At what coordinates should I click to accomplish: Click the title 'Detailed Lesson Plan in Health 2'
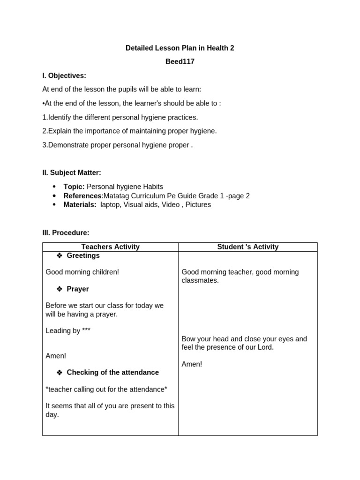(180, 48)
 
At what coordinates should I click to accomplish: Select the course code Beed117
(180, 61)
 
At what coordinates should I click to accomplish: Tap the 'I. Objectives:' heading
(64, 75)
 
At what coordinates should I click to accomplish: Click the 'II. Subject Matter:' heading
(72, 172)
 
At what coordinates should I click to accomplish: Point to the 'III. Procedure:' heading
(66, 232)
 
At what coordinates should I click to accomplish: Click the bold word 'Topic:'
(74, 187)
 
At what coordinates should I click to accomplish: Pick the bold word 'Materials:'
(80, 205)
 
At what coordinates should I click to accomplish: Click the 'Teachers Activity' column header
(110, 247)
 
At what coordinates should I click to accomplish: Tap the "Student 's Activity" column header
(247, 247)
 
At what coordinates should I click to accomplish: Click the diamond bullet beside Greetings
(60, 255)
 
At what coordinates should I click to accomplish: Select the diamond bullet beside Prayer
(60, 289)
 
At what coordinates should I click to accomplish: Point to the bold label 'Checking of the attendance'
(112, 372)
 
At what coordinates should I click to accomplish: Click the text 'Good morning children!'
(82, 272)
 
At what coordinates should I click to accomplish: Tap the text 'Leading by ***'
(68, 330)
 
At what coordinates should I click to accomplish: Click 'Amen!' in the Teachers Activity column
(56, 356)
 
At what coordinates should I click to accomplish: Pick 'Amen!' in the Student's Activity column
(192, 364)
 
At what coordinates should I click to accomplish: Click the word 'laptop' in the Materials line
(110, 205)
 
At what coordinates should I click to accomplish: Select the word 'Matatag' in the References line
(116, 196)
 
